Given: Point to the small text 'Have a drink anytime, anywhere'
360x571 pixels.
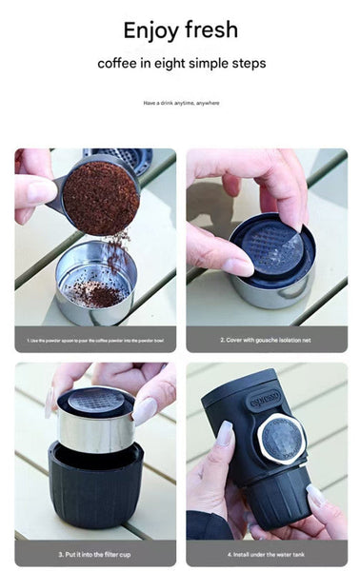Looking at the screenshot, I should pos(180,103).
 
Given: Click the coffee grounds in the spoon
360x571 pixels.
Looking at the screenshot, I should pos(100,197).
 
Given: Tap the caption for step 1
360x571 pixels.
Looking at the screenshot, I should pos(95,339).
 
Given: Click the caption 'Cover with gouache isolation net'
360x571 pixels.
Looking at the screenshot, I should pos(266,339).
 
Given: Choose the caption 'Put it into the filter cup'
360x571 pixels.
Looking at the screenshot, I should pos(95,553).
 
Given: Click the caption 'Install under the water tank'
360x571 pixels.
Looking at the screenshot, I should pos(266,553).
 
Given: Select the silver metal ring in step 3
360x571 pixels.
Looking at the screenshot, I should pos(95,430).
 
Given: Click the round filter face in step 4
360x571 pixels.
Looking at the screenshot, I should pos(281,440).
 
